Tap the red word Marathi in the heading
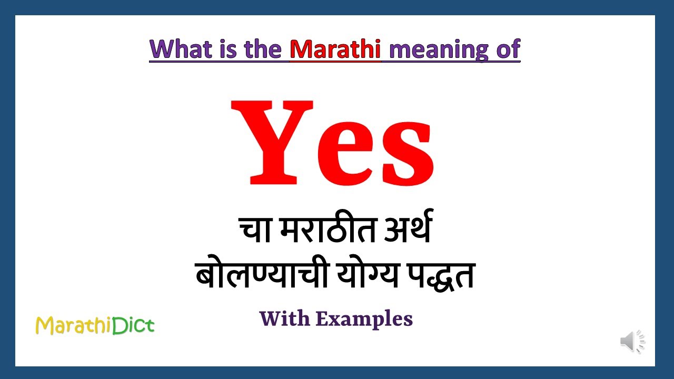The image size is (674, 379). coord(335,49)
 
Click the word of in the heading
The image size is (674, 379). coord(507,49)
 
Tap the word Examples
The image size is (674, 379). coord(364,319)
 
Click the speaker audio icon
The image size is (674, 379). coord(632,342)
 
